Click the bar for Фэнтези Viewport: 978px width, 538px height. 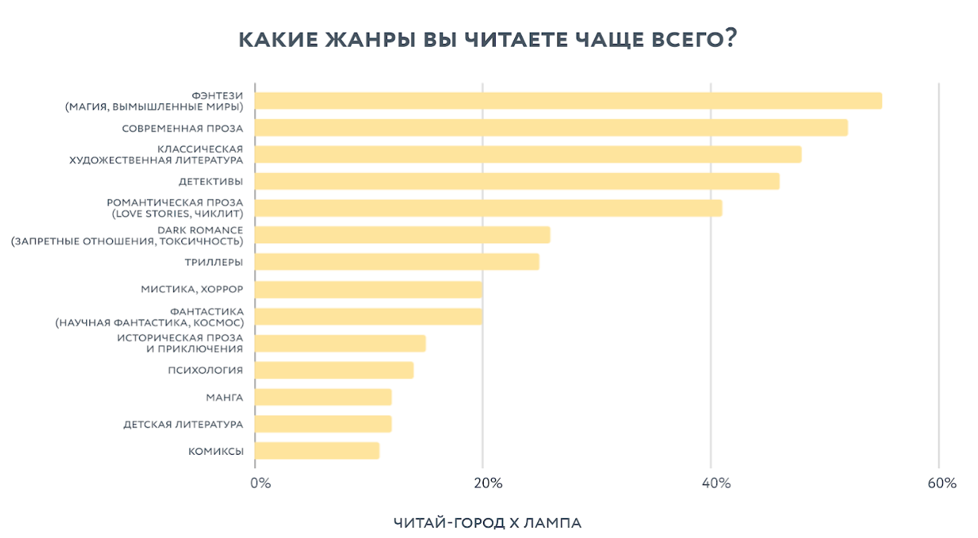(569, 101)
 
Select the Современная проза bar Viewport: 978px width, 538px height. (551, 128)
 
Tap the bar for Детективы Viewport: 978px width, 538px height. (517, 181)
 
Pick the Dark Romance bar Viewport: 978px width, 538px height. (403, 235)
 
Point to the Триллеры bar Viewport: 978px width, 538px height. (397, 262)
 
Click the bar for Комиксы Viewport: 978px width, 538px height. (317, 451)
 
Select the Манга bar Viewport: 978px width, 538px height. (323, 398)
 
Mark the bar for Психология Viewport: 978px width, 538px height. (334, 370)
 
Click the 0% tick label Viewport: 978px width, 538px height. (260, 484)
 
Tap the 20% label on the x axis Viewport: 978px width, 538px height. (488, 484)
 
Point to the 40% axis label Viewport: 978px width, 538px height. (716, 484)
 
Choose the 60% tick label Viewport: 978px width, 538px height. (942, 484)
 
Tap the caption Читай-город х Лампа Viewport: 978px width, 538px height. (488, 523)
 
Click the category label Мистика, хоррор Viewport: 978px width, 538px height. (192, 289)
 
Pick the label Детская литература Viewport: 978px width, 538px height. (183, 424)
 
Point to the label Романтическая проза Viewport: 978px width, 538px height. (175, 202)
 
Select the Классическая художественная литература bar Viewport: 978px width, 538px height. (528, 155)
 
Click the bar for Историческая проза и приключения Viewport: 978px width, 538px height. (340, 343)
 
